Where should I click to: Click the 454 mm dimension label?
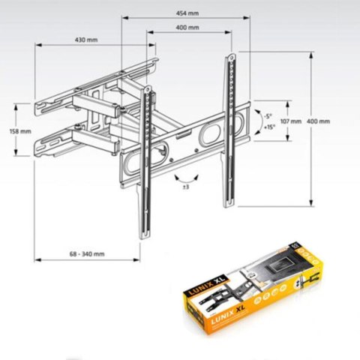(x=188, y=12)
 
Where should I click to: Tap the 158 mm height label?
(x=21, y=131)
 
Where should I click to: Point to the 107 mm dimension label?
(x=290, y=121)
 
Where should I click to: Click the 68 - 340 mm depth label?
(x=84, y=253)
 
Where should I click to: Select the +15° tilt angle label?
(x=268, y=127)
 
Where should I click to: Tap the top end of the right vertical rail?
(x=229, y=56)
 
